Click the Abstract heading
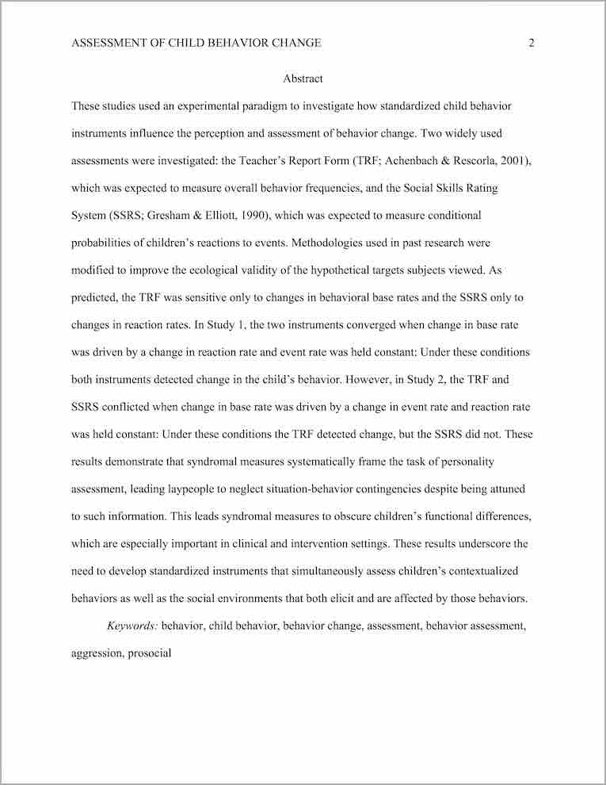(303, 78)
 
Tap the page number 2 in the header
(532, 43)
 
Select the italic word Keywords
(132, 626)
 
